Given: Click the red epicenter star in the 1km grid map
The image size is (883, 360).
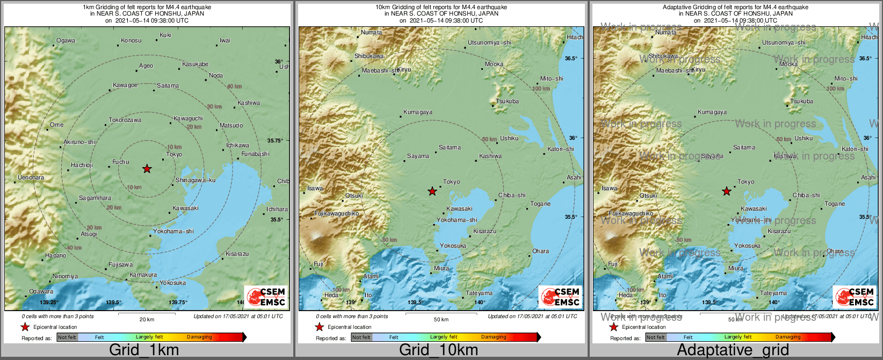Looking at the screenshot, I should pos(147,169).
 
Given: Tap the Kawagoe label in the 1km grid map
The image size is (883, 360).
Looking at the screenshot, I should pos(125,85).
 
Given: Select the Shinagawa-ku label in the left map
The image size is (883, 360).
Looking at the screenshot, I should pos(196,181).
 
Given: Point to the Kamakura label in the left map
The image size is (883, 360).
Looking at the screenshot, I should pos(143,275).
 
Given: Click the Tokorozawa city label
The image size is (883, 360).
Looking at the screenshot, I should pos(125,120).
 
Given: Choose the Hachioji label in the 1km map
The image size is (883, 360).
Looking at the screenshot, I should pos(82,165).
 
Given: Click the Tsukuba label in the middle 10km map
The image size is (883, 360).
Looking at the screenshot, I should pos(508,102).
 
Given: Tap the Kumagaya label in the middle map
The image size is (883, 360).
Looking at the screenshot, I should pos(417,112).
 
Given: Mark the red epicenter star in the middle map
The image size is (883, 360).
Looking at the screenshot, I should pos(432,191).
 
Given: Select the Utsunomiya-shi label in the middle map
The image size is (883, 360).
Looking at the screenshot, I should pos(489,42).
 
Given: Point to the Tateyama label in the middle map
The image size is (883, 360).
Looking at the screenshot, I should pos(479,293).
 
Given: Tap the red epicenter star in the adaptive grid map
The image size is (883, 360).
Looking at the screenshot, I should pos(727,191).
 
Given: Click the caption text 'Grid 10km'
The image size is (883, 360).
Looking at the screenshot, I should pos(438,350).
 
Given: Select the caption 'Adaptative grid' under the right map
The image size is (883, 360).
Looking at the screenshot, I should pos(733,350).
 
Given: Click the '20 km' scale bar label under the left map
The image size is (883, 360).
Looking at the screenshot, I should pos(147,320).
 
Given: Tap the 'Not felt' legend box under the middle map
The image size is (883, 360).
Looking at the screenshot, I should pos(361,337).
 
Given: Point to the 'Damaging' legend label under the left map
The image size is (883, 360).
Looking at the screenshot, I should pos(199,337).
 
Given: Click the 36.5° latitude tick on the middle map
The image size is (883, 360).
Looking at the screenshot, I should pos(571,59).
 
